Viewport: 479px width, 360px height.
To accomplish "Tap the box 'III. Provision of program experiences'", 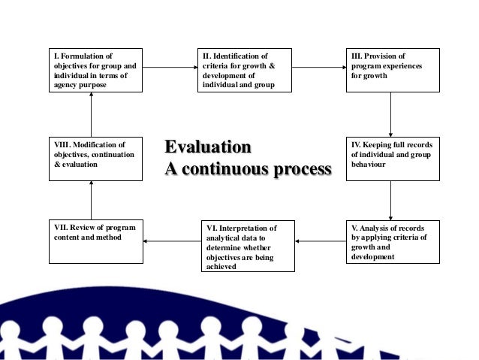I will (x=393, y=70).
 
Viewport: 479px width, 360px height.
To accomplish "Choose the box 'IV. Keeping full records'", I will (x=393, y=158).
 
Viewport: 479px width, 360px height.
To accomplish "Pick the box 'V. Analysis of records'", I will (x=393, y=241).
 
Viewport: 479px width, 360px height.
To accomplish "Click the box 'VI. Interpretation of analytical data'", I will (x=248, y=246).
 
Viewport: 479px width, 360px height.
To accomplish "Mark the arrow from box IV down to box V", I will (x=391, y=200).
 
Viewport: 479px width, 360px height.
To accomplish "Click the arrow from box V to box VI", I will (x=321, y=241).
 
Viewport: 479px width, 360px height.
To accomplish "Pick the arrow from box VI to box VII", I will (x=172, y=241).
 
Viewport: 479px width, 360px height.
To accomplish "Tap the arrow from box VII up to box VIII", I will (x=91, y=200).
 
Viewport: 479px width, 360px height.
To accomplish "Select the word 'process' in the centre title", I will (x=302, y=169).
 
